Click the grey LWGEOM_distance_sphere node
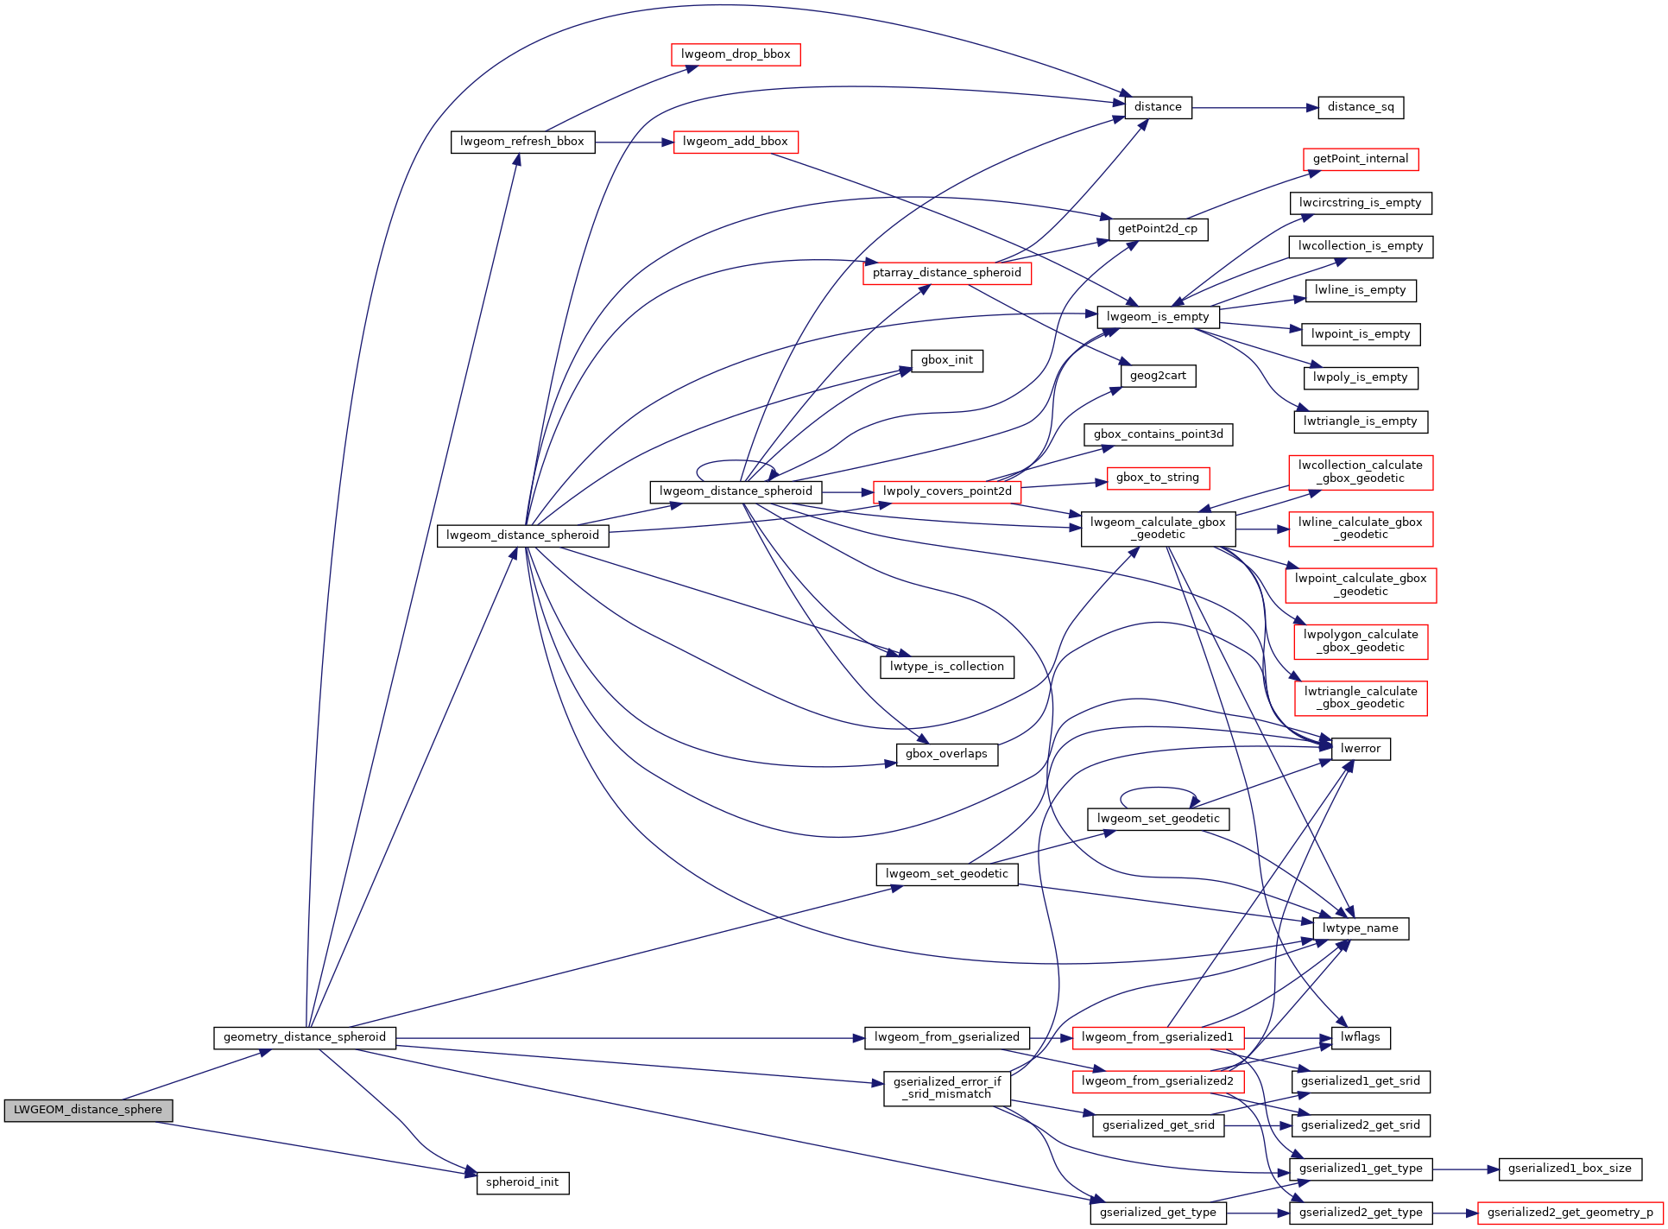(88, 1110)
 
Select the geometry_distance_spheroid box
(305, 1037)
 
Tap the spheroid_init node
(522, 1182)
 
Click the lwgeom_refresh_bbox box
(522, 142)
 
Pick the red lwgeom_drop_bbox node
(736, 54)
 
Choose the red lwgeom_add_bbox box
(736, 142)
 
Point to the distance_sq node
(1361, 107)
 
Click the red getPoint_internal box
(1360, 159)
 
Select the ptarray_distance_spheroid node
(947, 273)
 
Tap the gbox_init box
(947, 360)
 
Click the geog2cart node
(1158, 376)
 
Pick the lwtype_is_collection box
(947, 667)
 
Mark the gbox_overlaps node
(947, 754)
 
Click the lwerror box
(1361, 749)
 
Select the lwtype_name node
(1361, 928)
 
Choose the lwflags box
(1361, 1037)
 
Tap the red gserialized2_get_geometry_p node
(1570, 1213)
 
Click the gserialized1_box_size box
(1570, 1169)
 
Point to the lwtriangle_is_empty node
(1361, 421)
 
